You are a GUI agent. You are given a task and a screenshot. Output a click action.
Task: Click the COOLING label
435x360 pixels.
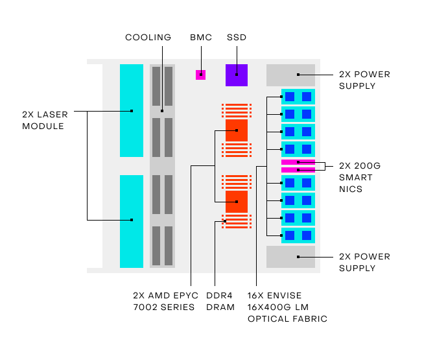148,38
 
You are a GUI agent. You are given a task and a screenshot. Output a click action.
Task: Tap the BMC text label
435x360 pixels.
200,38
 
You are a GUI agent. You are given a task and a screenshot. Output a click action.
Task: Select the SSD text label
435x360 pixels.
236,38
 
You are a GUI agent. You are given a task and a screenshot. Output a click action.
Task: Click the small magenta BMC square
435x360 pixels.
201,75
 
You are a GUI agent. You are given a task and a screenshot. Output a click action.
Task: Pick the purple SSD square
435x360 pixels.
237,75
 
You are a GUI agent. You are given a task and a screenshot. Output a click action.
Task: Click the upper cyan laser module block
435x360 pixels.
132,110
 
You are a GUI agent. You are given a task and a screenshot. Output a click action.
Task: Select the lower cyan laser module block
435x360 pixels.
132,221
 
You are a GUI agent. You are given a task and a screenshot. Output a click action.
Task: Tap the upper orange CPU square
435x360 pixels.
237,130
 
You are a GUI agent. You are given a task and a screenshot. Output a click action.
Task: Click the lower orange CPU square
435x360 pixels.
237,202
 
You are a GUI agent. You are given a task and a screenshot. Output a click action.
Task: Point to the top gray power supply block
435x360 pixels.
290,75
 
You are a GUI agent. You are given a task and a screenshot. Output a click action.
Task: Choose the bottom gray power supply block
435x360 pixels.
290,257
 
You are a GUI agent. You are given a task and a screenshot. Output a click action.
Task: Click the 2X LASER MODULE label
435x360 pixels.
43,119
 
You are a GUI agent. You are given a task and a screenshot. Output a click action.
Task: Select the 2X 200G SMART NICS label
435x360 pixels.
359,177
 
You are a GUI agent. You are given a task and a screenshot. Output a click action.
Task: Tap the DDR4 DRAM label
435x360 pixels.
220,301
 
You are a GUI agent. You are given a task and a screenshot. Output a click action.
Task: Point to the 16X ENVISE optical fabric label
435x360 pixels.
287,307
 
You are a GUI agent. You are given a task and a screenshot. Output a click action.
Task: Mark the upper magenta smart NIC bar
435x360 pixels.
298,162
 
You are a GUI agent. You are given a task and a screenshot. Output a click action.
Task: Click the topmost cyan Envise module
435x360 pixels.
298,97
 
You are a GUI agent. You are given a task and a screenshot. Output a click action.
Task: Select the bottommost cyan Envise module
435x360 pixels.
298,235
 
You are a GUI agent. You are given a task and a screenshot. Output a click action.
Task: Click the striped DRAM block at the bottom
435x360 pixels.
237,221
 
